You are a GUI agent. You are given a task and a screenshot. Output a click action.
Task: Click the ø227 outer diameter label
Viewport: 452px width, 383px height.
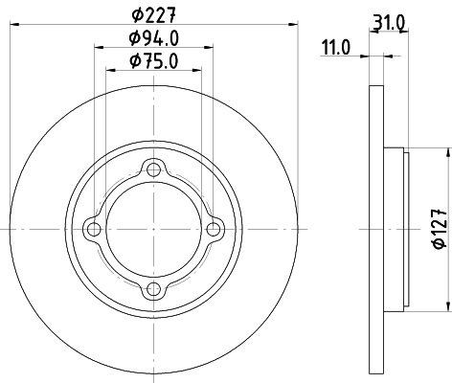click(x=152, y=14)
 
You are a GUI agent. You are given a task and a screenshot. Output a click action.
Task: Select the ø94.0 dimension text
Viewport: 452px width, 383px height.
click(x=152, y=38)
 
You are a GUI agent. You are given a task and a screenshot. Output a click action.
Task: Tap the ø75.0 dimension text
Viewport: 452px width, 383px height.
click(x=152, y=62)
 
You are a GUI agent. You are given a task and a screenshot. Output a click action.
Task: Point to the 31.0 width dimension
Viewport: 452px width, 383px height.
click(x=386, y=19)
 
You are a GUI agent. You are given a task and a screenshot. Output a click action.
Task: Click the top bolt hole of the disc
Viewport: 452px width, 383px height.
click(x=152, y=169)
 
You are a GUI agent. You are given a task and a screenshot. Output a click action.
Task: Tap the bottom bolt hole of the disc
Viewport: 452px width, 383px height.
click(x=152, y=289)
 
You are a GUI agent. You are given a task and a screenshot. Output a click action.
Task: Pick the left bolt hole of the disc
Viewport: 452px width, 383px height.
click(x=93, y=229)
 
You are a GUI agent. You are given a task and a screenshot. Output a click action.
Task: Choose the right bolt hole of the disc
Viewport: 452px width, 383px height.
click(x=213, y=229)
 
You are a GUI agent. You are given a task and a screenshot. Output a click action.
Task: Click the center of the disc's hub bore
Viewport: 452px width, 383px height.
click(x=152, y=229)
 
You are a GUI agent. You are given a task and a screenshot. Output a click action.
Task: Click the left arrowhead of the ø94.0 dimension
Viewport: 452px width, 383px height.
click(x=98, y=46)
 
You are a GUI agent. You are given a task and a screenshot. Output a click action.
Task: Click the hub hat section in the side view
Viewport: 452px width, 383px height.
click(x=395, y=229)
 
